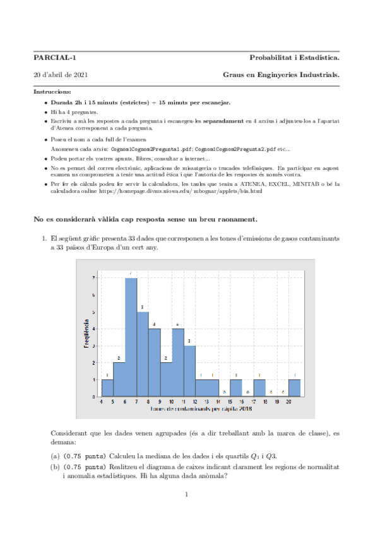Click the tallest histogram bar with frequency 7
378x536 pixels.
(131, 337)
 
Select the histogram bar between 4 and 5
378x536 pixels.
(107, 387)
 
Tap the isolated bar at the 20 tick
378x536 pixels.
(294, 387)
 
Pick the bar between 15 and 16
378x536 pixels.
(236, 387)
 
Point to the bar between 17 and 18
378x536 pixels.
(259, 387)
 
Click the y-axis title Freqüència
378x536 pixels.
(86, 335)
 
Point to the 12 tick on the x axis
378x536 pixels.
(195, 401)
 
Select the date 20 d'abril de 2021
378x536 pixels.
(61, 75)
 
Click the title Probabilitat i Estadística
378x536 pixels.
(294, 58)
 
